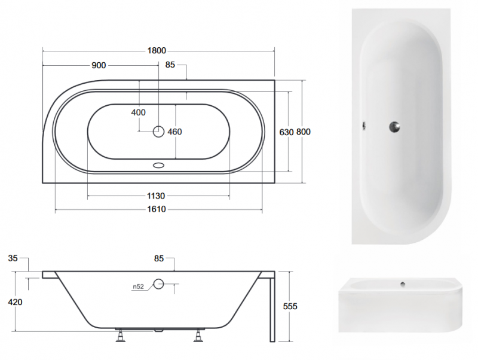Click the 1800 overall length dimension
coord(157,51)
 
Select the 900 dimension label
coord(99,65)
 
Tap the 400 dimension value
coord(139,112)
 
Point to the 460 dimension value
coord(174,132)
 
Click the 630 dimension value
coord(287,132)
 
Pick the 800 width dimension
coord(304,132)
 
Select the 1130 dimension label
coord(156,196)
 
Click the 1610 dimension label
coord(157,209)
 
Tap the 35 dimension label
coord(13,258)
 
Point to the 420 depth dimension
coord(16,303)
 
